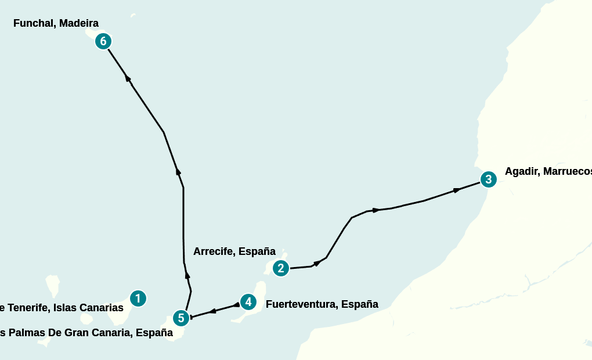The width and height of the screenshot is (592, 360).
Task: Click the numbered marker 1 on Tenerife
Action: (138, 298)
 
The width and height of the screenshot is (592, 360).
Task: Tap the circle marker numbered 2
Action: (281, 268)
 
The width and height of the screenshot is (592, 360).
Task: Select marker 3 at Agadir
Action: (488, 179)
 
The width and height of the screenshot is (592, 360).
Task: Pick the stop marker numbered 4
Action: (248, 302)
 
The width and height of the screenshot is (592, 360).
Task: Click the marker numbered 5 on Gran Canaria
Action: (181, 318)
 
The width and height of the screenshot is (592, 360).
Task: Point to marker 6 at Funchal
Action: (103, 41)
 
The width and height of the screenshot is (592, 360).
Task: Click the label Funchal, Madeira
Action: (56, 24)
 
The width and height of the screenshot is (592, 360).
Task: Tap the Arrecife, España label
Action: (234, 251)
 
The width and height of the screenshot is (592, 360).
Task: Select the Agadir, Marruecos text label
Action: (548, 171)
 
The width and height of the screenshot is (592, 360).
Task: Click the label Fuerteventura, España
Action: (322, 304)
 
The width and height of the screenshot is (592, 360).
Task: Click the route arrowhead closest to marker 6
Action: (127, 78)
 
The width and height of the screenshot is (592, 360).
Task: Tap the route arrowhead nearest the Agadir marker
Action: (457, 189)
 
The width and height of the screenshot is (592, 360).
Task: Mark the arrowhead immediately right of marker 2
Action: (317, 263)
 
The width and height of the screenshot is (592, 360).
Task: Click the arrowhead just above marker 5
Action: (187, 273)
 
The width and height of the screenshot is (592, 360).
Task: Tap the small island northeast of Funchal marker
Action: (133, 15)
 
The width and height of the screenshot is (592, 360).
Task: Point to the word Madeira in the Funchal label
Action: (78, 24)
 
